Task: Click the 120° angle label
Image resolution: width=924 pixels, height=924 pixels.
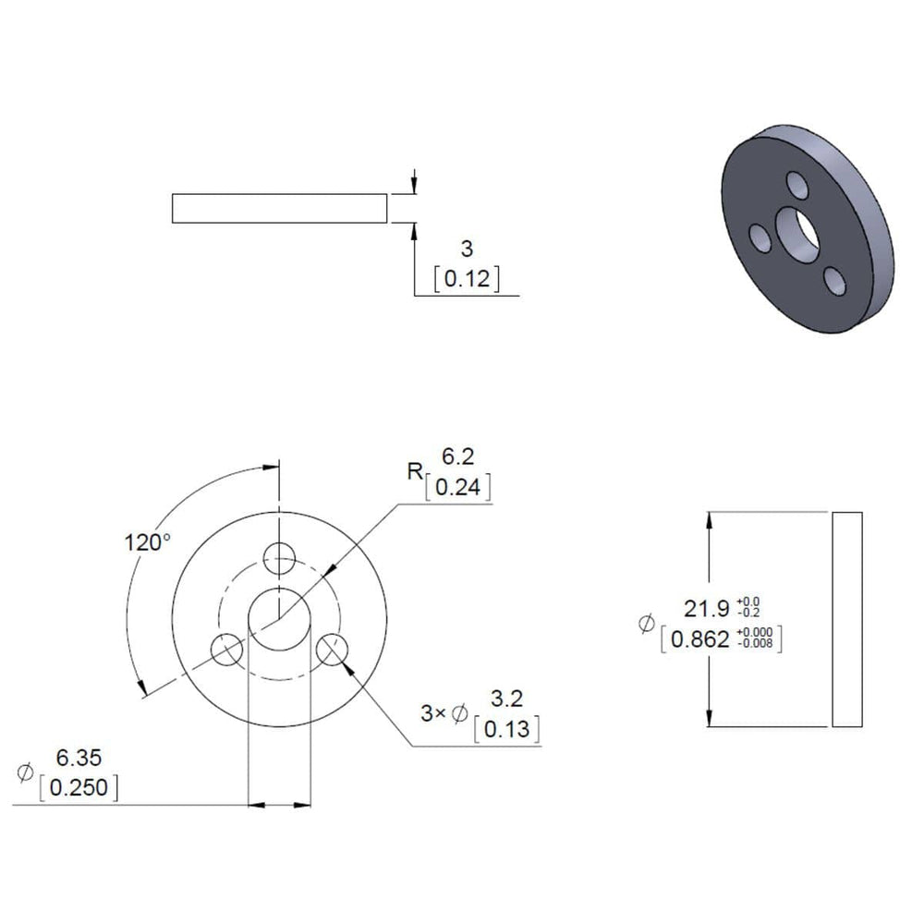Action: [x=147, y=541]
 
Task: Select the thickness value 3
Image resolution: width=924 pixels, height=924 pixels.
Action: [x=467, y=249]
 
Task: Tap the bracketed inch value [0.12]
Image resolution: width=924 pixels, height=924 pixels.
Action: [x=467, y=279]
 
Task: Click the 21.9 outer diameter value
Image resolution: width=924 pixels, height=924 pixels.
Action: [x=707, y=609]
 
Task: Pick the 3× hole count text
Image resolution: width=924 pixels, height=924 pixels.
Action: [x=432, y=712]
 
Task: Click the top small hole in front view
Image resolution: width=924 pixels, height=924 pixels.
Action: [x=279, y=557]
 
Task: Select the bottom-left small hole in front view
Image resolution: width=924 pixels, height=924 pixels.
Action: [x=225, y=650]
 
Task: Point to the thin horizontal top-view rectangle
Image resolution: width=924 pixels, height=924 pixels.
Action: [x=278, y=209]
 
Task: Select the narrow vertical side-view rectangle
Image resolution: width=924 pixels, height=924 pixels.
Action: [x=847, y=619]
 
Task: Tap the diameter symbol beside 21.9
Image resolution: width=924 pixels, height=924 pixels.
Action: [x=646, y=625]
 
